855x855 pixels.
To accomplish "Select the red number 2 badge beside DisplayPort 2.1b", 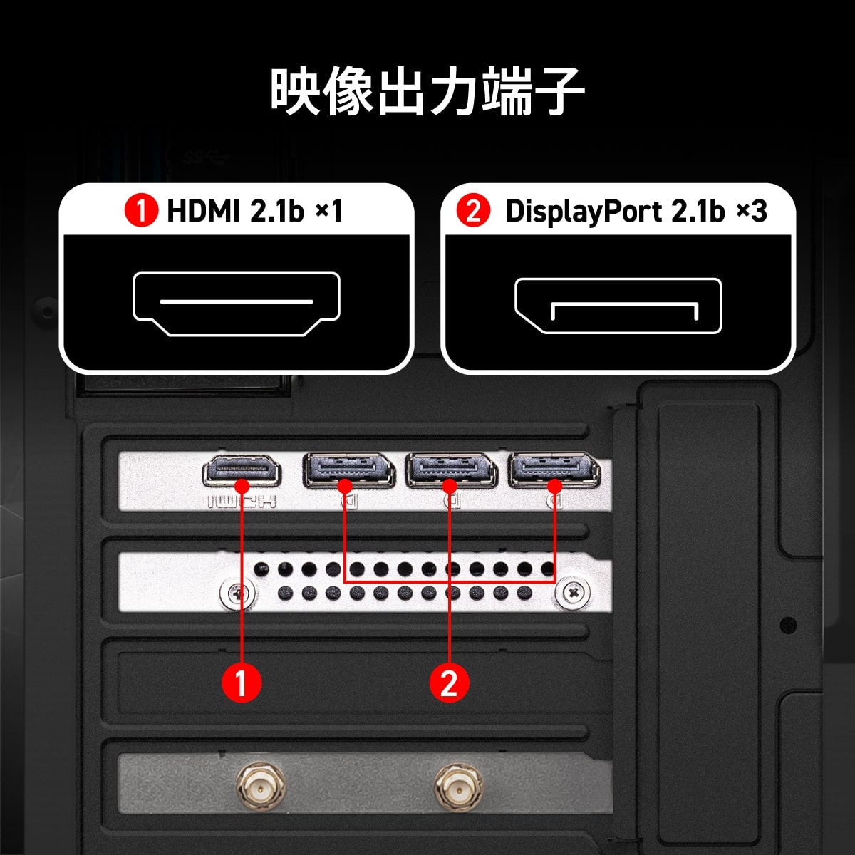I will [x=473, y=211].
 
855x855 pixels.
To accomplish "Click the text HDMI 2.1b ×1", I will [x=254, y=211].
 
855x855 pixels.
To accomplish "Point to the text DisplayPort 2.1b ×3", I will [x=636, y=211].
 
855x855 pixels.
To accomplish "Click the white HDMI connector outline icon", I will [x=237, y=304].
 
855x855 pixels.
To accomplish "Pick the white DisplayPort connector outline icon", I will [x=618, y=306].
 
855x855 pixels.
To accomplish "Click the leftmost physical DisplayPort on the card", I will [x=348, y=470].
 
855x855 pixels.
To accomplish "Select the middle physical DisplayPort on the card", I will [x=451, y=470].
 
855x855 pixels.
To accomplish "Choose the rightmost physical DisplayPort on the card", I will [x=554, y=470].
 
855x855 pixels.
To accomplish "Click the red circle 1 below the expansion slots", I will [x=242, y=682].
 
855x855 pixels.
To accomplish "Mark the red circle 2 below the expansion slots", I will [x=449, y=682].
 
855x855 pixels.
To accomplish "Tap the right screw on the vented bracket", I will [x=574, y=591].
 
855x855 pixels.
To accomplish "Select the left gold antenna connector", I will [x=259, y=789].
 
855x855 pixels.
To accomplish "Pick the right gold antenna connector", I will [x=457, y=789].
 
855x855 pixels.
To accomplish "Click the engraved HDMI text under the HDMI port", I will [x=242, y=502].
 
